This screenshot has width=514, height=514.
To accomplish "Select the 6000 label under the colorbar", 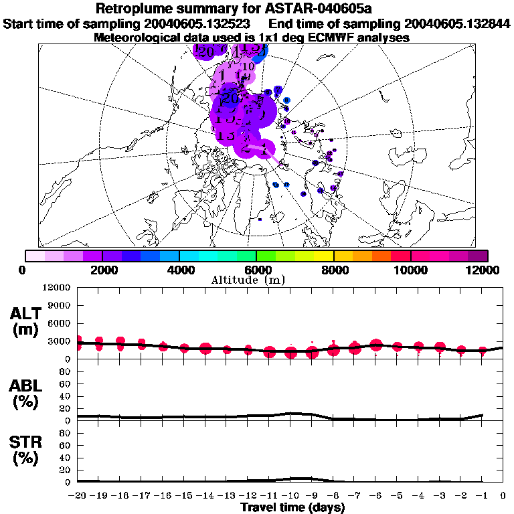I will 256,270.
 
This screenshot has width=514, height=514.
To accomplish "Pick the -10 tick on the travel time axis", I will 290,496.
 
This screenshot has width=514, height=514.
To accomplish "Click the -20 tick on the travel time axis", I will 78,496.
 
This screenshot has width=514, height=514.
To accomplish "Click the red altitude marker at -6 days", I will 376,345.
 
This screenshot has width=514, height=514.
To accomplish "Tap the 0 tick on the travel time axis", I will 503,496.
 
